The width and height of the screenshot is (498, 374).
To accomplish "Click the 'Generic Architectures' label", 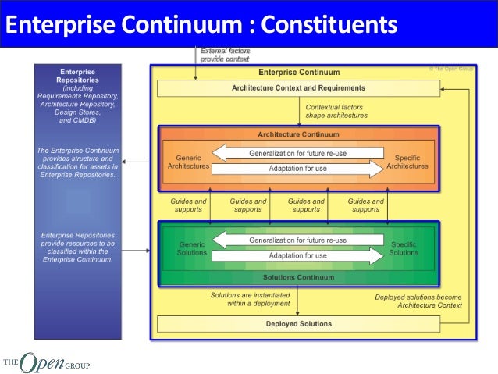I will coord(188,161).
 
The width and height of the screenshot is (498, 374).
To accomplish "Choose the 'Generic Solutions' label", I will coord(191,248).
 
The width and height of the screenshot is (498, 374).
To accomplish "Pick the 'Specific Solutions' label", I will coord(404,248).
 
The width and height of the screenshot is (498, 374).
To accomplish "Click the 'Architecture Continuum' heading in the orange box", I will coord(297,134).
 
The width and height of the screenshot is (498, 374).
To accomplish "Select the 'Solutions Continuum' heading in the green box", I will coord(298,277).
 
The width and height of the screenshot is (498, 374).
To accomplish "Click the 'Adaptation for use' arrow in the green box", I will coord(298,256).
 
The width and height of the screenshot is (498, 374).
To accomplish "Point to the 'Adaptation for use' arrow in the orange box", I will coord(298,169).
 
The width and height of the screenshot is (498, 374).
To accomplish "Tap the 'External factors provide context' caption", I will coord(225,55).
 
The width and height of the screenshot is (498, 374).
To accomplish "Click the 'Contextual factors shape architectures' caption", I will coord(336,112).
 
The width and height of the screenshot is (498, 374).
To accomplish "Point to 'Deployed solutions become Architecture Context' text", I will coord(418,301).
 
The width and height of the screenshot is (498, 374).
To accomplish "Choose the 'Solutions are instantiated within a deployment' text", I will coord(250,299).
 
